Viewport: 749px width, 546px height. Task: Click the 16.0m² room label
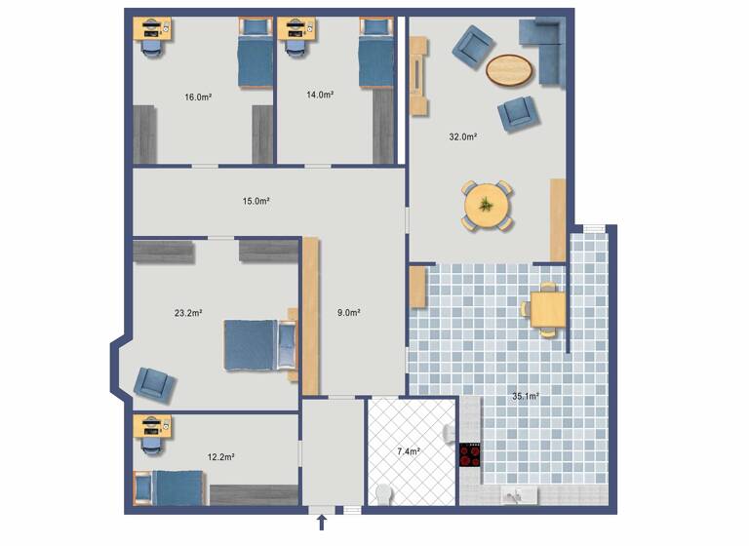click(x=198, y=97)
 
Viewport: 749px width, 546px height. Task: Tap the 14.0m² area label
click(x=320, y=96)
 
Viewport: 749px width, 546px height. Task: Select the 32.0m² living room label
click(x=462, y=137)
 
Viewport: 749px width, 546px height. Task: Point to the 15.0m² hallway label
click(x=256, y=202)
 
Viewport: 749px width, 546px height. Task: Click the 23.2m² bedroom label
click(x=188, y=313)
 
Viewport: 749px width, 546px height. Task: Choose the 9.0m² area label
click(x=349, y=313)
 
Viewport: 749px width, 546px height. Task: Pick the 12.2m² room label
click(x=220, y=456)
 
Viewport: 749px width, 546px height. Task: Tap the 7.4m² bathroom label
click(x=409, y=452)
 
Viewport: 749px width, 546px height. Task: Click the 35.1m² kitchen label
click(x=526, y=397)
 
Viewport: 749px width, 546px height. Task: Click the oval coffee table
click(x=510, y=69)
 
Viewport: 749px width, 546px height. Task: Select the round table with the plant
click(x=486, y=206)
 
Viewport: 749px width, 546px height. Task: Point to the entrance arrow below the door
click(x=323, y=526)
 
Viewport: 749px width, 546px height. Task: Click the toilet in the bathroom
click(x=382, y=494)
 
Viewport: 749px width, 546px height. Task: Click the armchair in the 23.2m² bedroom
click(x=155, y=383)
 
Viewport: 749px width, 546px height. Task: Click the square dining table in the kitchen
click(x=549, y=310)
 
